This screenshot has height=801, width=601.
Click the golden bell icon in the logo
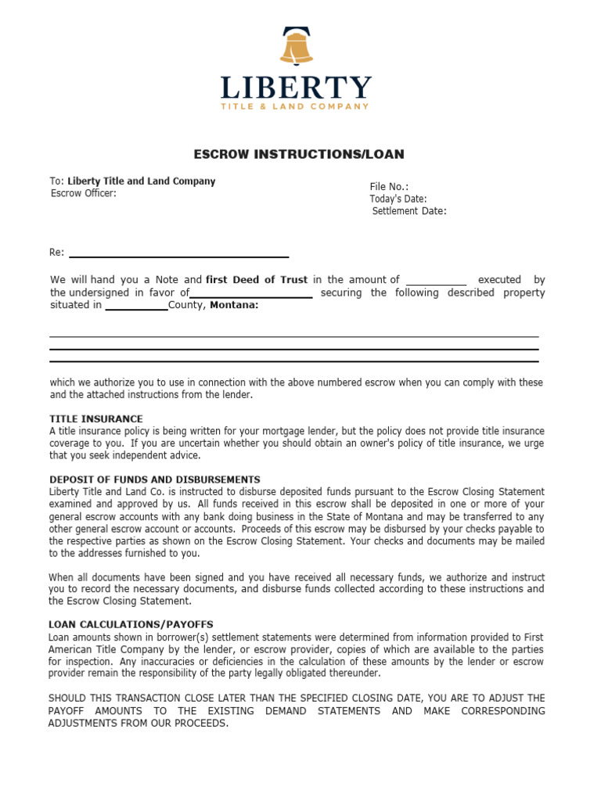click(x=296, y=46)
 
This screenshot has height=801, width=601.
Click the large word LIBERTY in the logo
click(x=296, y=88)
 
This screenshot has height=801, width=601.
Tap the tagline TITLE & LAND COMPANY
click(x=296, y=106)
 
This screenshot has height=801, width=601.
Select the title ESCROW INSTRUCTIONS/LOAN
click(x=299, y=154)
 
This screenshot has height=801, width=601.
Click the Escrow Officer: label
click(x=84, y=194)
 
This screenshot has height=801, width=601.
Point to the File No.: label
click(x=389, y=187)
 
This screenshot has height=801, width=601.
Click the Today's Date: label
click(x=398, y=199)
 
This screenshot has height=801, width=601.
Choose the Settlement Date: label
click(x=409, y=210)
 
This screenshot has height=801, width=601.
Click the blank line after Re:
click(x=179, y=255)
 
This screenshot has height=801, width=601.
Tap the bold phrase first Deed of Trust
click(x=257, y=279)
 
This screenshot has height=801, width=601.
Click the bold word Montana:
click(x=233, y=305)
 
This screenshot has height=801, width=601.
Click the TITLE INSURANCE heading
click(x=96, y=419)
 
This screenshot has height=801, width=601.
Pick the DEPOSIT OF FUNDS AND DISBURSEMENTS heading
click(x=155, y=480)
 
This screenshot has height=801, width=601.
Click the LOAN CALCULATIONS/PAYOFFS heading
click(x=131, y=625)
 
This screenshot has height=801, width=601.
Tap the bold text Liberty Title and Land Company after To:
click(x=141, y=181)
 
